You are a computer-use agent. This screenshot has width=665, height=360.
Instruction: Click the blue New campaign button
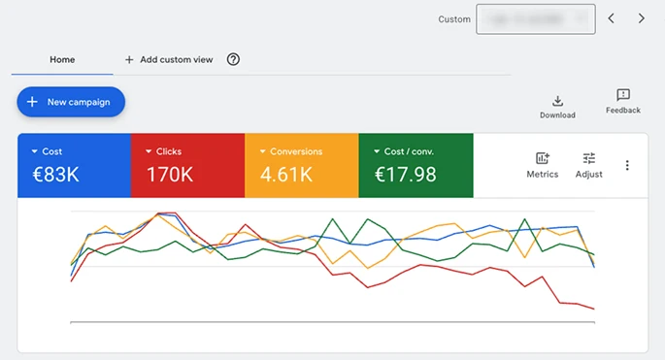(x=71, y=102)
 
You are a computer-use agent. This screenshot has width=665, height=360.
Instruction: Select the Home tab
(x=62, y=59)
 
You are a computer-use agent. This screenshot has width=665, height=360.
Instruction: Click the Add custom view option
(x=169, y=59)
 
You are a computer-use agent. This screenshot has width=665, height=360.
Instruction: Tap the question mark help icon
(x=233, y=59)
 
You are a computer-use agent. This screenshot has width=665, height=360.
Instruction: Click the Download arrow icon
(x=557, y=100)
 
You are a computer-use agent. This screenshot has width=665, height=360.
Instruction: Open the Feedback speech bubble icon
(x=622, y=95)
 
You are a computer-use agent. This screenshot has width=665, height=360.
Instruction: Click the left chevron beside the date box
(x=611, y=18)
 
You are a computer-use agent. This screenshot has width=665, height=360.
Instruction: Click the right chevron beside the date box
(x=642, y=18)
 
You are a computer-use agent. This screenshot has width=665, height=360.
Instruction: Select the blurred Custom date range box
(x=535, y=18)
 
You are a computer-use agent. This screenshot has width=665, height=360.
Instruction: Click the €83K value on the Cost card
(x=51, y=175)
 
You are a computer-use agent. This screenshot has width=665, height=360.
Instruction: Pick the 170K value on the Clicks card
(x=171, y=175)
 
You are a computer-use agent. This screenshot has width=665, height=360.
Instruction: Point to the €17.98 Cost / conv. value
(x=405, y=175)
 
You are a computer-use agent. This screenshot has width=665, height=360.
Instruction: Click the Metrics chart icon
(x=543, y=159)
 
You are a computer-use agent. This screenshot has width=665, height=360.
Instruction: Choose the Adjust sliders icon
(x=588, y=159)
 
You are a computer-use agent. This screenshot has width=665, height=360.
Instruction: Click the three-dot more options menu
(x=627, y=165)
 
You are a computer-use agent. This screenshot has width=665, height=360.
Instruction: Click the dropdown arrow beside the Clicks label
(x=149, y=152)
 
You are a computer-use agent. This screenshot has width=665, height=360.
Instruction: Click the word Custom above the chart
(x=453, y=18)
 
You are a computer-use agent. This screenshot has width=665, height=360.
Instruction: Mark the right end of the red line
(x=593, y=310)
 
